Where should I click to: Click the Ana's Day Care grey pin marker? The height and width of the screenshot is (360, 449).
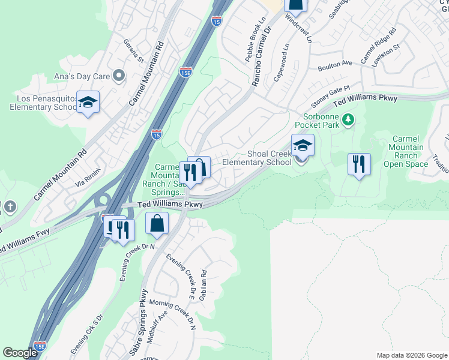point(119,76)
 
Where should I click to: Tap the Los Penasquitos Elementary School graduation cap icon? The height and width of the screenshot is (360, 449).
point(88,103)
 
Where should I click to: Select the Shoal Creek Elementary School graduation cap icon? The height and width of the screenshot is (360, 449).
point(303,145)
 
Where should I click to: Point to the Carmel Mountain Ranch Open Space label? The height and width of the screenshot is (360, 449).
point(406,151)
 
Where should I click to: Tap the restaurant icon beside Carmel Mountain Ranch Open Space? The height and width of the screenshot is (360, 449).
point(359,164)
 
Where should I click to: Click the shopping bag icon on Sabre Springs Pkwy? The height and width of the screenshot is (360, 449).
point(157,224)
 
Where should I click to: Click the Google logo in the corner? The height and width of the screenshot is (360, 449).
point(20,353)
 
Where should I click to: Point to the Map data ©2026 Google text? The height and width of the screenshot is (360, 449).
point(411,355)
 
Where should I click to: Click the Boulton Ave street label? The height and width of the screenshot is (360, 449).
point(335,63)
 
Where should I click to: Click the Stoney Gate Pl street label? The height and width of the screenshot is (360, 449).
point(330,94)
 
